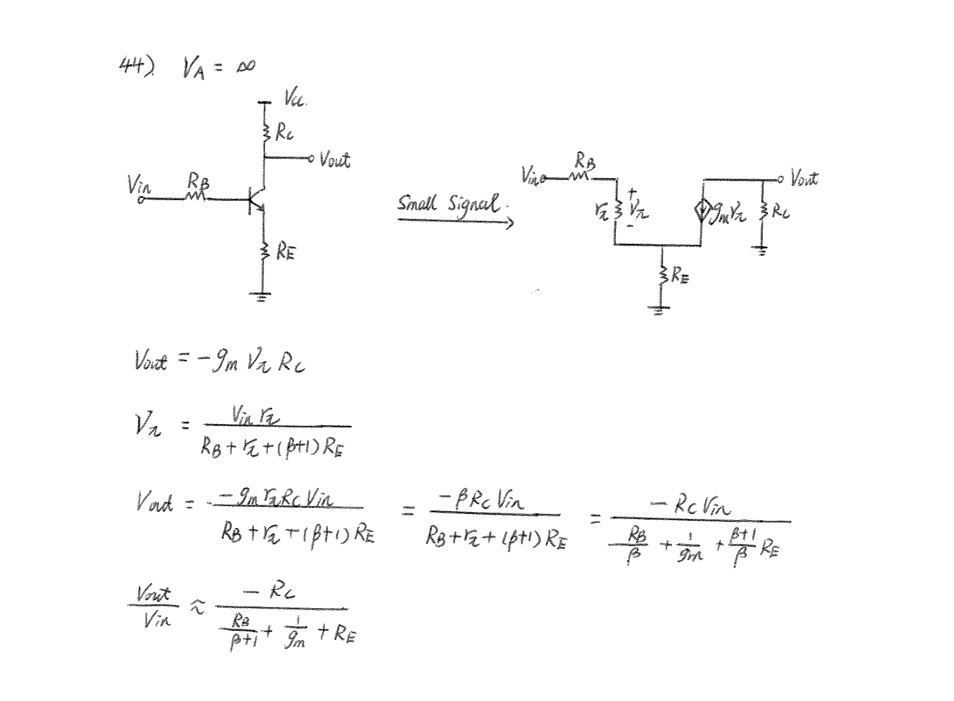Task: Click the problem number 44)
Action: [x=137, y=66]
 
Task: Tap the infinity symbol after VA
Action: [x=245, y=67]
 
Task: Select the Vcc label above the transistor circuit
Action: [x=295, y=98]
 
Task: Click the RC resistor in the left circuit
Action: [x=266, y=133]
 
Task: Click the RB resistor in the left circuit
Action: [x=196, y=196]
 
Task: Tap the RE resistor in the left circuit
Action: [x=264, y=252]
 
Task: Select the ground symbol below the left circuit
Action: [x=261, y=297]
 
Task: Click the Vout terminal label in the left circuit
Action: [x=335, y=159]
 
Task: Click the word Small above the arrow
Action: [x=417, y=203]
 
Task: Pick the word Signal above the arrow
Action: [x=474, y=204]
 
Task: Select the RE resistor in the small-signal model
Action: [x=662, y=275]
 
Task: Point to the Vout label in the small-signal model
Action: [x=804, y=178]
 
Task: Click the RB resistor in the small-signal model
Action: [x=580, y=177]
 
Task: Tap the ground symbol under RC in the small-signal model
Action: [x=761, y=252]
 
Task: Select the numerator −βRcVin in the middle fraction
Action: [x=481, y=501]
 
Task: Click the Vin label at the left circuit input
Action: [x=139, y=186]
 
